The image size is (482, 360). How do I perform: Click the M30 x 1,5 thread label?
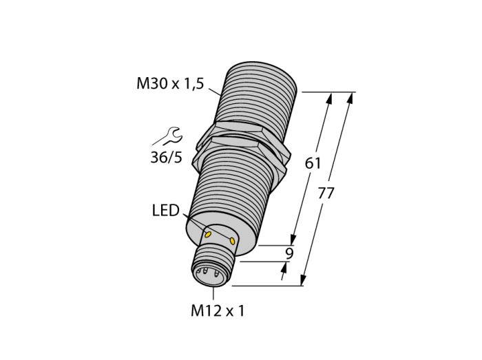click(170, 83)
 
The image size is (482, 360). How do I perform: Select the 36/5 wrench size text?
click(167, 157)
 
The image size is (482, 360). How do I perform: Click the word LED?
click(166, 211)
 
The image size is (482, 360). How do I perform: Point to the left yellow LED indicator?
click(208, 235)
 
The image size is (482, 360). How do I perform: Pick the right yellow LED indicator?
click(232, 241)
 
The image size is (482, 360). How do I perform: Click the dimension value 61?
click(313, 163)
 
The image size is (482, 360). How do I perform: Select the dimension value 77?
click(326, 193)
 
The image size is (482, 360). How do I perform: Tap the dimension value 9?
click(289, 253)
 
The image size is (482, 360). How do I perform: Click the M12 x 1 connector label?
click(218, 311)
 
